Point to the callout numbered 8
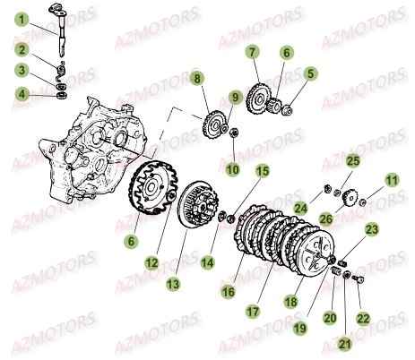(x=197, y=81)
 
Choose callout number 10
(x=233, y=168)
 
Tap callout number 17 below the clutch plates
(x=254, y=312)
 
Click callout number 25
(x=352, y=160)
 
